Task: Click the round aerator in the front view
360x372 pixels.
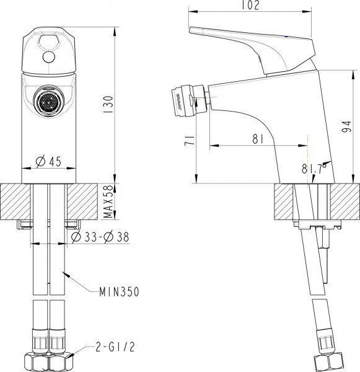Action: coord(48,99)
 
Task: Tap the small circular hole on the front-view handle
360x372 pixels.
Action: coord(48,58)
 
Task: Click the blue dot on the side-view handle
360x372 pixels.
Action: coord(284,37)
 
